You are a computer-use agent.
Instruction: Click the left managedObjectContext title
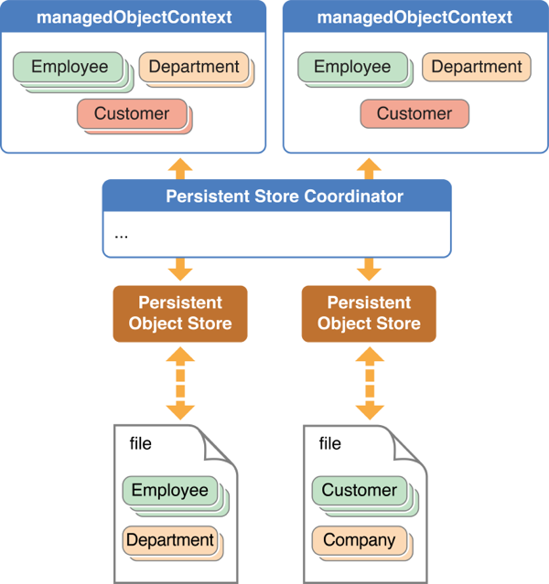pos(133,18)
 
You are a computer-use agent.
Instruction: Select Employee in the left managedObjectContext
pos(70,68)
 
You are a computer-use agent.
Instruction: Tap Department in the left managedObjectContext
pos(194,68)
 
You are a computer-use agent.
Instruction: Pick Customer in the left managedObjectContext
pos(132,114)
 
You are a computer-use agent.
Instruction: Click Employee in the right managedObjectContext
pos(352,68)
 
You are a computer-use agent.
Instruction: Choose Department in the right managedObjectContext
pos(477,68)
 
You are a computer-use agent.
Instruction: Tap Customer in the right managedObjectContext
pos(414,114)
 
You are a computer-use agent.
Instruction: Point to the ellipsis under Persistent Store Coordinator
pos(122,234)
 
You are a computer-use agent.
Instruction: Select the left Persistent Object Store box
pos(180,313)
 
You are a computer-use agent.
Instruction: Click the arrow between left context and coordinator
pos(180,166)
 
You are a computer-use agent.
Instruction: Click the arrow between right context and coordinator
pos(370,166)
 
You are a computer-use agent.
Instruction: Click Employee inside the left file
pos(170,491)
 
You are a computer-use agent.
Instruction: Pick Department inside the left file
pos(170,540)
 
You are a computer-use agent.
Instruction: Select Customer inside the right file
pos(360,491)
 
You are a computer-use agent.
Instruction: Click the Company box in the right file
pos(360,540)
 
